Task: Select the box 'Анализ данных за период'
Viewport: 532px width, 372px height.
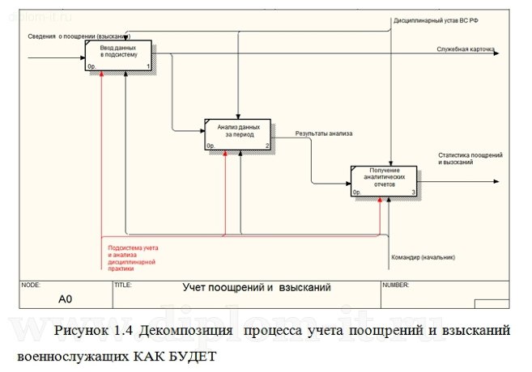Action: click(238, 134)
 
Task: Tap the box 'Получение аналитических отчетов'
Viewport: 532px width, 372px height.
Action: click(384, 180)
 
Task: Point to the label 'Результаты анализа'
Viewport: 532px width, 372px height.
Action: click(323, 132)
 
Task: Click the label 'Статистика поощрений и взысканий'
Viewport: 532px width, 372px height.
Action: click(470, 158)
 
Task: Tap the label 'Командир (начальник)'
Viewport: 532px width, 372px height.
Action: click(423, 257)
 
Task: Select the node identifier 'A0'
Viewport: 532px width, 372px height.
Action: click(66, 299)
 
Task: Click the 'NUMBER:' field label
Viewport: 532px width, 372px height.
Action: click(396, 285)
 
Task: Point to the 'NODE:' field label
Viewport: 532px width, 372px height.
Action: click(31, 285)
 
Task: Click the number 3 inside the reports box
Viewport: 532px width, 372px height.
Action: click(413, 192)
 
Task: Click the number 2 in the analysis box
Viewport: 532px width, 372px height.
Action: click(267, 146)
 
